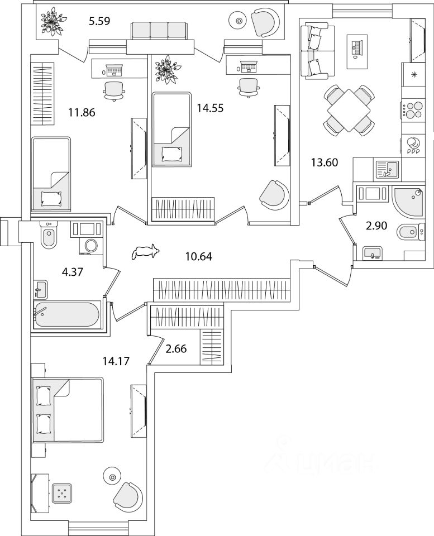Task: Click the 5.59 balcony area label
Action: click(100, 22)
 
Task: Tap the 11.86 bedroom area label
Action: click(82, 113)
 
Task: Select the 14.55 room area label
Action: click(210, 108)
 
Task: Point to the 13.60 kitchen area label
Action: click(325, 163)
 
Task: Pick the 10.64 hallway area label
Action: click(198, 257)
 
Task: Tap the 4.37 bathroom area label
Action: click(73, 273)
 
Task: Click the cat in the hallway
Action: click(145, 252)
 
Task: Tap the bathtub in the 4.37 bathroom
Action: click(66, 315)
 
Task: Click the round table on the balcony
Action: click(239, 22)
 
